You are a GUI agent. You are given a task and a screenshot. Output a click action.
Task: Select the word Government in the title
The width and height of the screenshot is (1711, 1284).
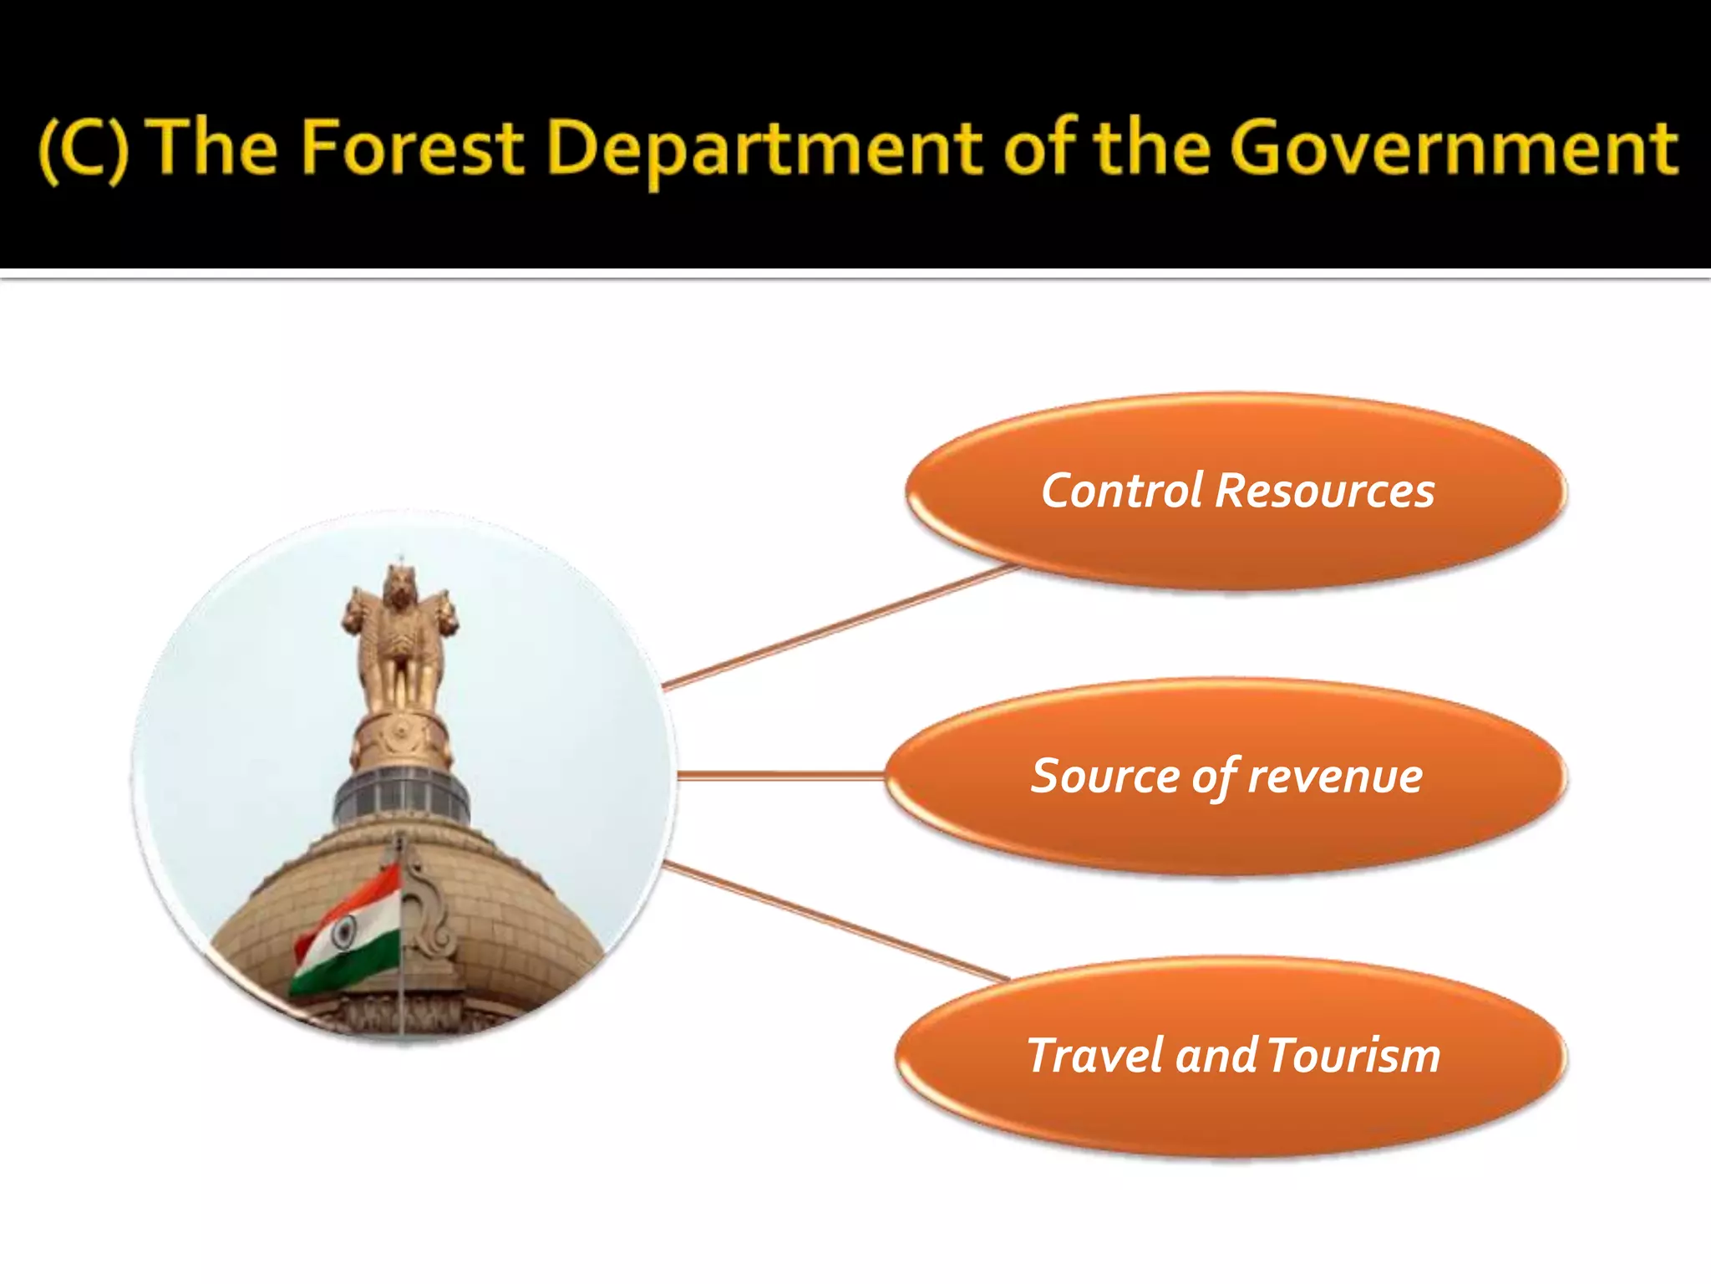1453,148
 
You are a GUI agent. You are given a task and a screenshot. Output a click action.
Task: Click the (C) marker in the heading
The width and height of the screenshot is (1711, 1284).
84,148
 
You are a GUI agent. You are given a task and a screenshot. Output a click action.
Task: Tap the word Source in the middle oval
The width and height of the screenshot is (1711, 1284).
1105,776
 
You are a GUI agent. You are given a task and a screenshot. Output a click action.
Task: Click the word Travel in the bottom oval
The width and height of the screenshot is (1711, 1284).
1095,1055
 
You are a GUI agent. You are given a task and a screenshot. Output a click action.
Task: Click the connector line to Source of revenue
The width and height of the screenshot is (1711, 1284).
781,776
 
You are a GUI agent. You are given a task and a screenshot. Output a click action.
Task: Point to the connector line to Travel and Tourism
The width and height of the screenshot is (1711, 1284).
835,921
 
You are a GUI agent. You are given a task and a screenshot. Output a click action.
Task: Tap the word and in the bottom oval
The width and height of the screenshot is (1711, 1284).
1217,1055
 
